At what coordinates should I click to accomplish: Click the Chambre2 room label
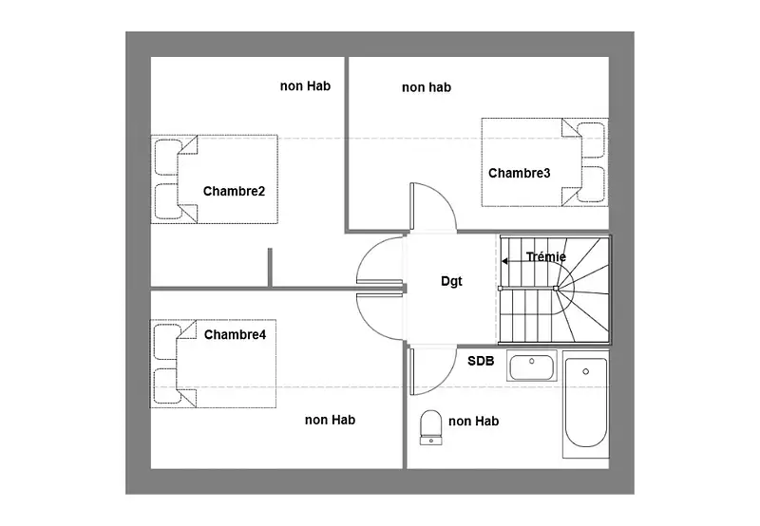234,192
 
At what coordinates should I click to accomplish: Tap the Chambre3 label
519,174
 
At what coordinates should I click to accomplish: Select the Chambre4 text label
235,334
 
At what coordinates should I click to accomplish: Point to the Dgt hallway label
451,281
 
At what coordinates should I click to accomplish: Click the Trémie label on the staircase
546,256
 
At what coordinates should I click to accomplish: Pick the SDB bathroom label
481,361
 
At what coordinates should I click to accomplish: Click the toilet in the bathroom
430,427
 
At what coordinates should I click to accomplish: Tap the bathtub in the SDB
585,404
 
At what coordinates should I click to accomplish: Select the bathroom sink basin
532,366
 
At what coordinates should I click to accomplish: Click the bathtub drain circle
585,371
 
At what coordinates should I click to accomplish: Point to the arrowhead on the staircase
504,261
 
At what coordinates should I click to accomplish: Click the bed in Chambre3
544,162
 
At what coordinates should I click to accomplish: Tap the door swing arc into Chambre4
370,326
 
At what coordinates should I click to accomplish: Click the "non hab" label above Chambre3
427,87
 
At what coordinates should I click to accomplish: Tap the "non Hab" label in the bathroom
473,422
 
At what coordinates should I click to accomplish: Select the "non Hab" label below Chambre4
330,420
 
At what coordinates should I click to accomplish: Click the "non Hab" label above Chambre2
305,86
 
